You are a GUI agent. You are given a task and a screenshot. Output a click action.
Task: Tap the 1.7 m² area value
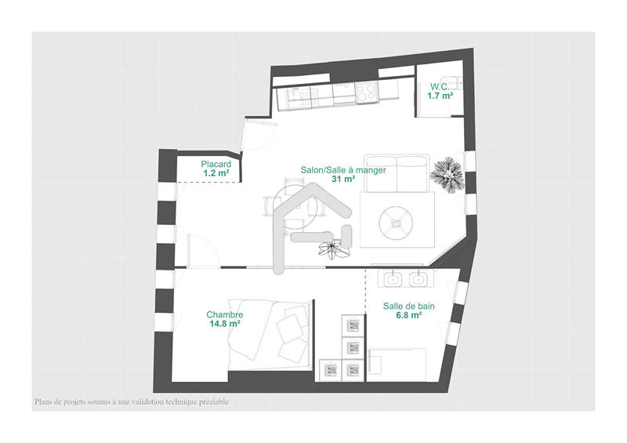click(x=440, y=96)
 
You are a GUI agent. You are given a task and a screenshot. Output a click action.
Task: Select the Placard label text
click(x=194, y=164)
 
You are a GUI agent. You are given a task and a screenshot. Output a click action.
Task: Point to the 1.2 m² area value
click(x=216, y=173)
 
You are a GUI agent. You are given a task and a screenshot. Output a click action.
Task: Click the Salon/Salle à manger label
click(x=343, y=169)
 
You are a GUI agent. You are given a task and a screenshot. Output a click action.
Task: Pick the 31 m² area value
click(x=343, y=179)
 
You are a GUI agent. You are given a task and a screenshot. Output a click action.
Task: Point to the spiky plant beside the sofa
click(x=450, y=173)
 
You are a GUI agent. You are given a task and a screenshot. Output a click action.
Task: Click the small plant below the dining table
click(x=331, y=249)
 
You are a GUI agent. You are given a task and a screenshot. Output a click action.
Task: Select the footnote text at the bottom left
click(x=131, y=402)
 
